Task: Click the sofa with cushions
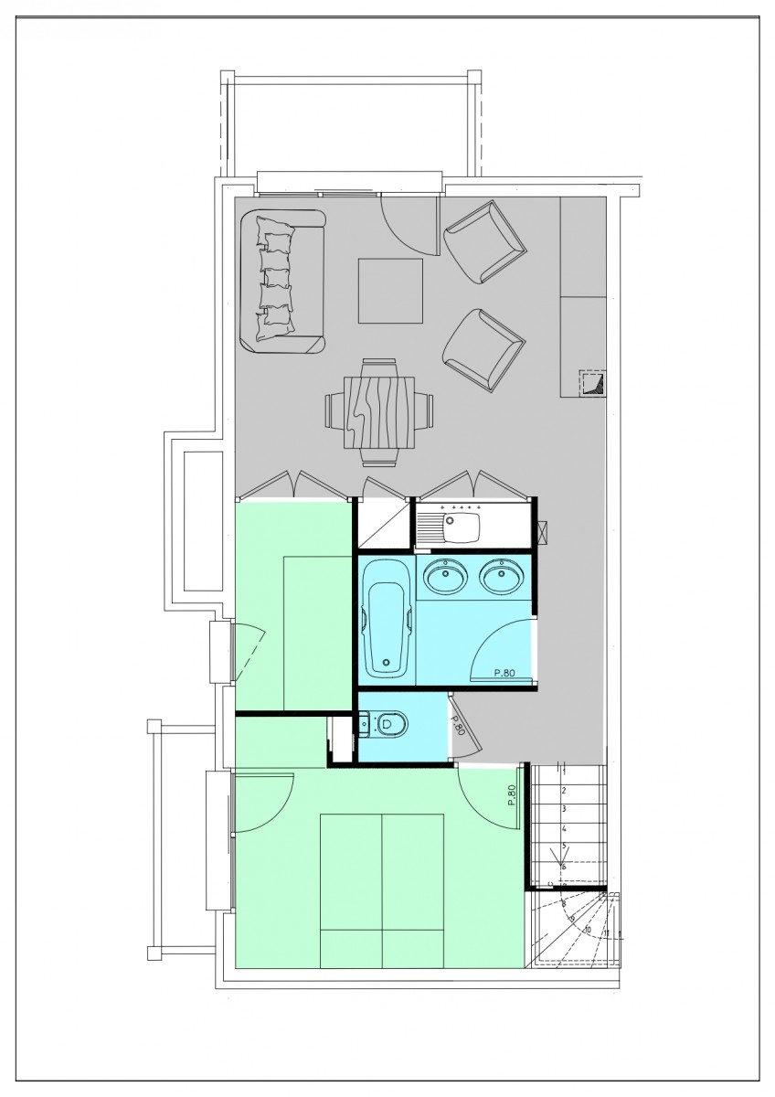(x=281, y=282)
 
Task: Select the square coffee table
(x=391, y=291)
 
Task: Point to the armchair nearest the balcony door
(x=485, y=242)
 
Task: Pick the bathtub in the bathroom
(x=387, y=619)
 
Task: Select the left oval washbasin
(x=445, y=576)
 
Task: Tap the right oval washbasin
(x=501, y=576)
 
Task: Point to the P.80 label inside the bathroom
(x=504, y=674)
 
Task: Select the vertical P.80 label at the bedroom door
(x=513, y=796)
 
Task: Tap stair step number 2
(x=564, y=791)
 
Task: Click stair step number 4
(x=564, y=827)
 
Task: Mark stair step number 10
(x=586, y=929)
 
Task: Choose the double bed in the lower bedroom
(x=381, y=889)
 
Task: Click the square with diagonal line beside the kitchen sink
(x=383, y=527)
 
